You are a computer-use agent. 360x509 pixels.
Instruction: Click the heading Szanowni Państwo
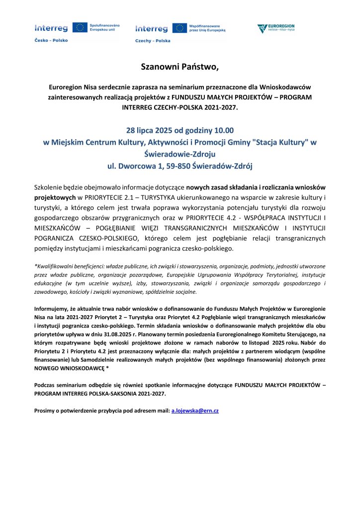click(180, 67)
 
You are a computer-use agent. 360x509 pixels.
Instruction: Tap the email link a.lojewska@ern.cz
click(195, 411)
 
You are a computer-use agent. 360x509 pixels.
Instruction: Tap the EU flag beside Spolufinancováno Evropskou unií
click(80, 27)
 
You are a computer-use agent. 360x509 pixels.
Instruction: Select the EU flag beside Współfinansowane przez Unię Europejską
click(180, 28)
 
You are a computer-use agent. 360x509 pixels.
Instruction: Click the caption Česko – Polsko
click(51, 40)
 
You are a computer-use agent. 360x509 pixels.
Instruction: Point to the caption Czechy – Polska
click(152, 41)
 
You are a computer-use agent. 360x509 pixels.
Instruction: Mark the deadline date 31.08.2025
click(166, 335)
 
